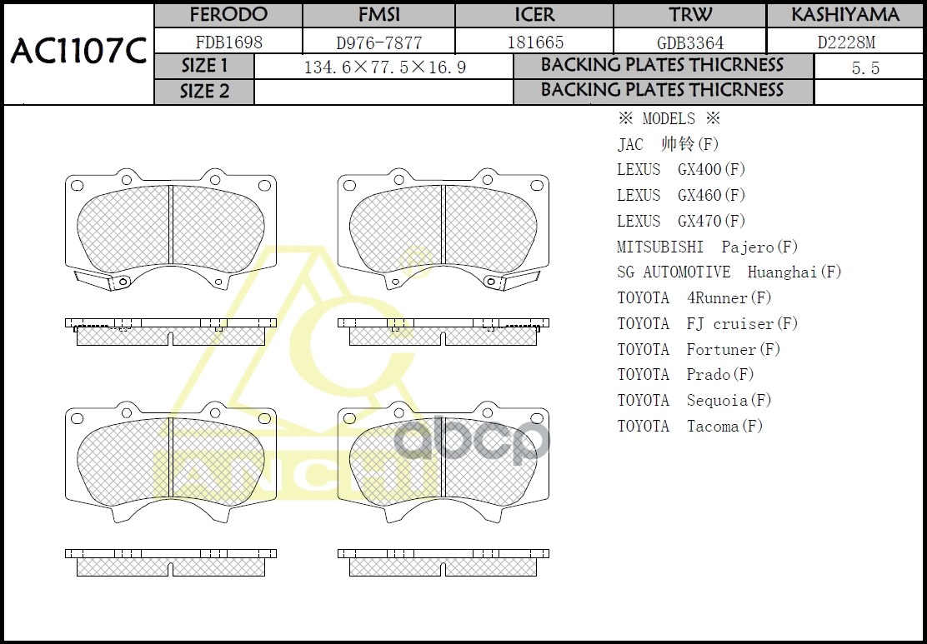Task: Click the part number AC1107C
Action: (78, 52)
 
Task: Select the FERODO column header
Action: (228, 15)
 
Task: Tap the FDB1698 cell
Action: (228, 42)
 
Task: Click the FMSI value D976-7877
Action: (378, 42)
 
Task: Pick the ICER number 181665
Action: (534, 42)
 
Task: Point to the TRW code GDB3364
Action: (689, 42)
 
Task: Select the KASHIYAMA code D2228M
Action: (845, 42)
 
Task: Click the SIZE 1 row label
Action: (204, 67)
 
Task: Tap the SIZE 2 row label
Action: (204, 92)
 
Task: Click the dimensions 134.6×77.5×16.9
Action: (384, 67)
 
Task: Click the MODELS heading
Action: (669, 118)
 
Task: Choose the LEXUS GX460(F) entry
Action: (681, 196)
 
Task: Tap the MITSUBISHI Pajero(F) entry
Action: (707, 247)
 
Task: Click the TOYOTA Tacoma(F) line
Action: (689, 427)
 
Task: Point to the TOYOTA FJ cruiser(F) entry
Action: (707, 323)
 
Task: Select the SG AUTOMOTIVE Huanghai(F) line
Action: (729, 272)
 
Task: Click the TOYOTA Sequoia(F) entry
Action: (694, 401)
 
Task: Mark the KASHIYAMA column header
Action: (845, 15)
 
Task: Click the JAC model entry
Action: (668, 144)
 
